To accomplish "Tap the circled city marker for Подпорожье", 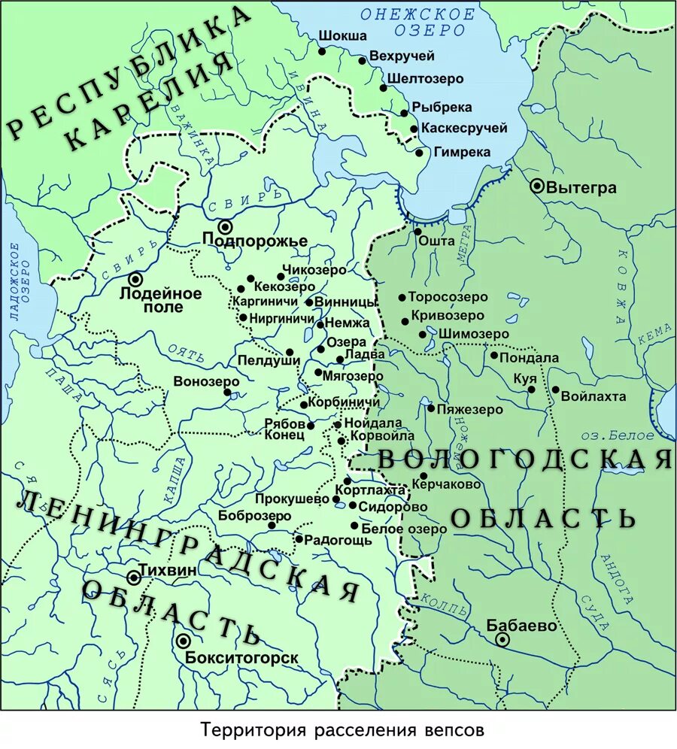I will [x=225, y=226].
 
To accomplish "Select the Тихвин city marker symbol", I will [x=134, y=578].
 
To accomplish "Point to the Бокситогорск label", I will [x=241, y=658].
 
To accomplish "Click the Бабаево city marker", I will [x=502, y=639].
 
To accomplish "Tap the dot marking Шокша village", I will [x=322, y=51].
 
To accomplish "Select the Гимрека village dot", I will [x=419, y=153].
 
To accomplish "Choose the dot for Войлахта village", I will [x=555, y=390].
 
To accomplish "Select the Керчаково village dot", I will [x=424, y=476].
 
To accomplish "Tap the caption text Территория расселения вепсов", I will [x=338, y=730].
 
